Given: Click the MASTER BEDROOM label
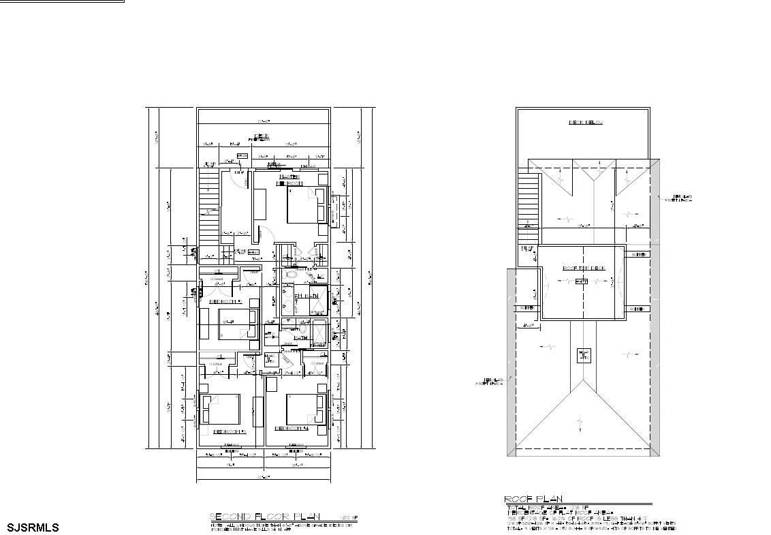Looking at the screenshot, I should [x=289, y=180].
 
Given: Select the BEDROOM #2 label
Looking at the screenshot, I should [x=225, y=301].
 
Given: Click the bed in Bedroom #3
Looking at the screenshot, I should [x=220, y=410].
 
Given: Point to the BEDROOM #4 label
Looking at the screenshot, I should [x=292, y=429].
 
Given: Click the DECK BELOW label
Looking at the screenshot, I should [x=586, y=123].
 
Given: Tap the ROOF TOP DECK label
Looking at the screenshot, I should [x=584, y=268].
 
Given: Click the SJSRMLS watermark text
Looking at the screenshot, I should [x=33, y=528].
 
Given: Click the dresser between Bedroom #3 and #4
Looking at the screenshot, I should [x=259, y=410].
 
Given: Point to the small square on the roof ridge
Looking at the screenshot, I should [x=584, y=355].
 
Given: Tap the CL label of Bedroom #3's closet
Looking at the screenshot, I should [x=218, y=357].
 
